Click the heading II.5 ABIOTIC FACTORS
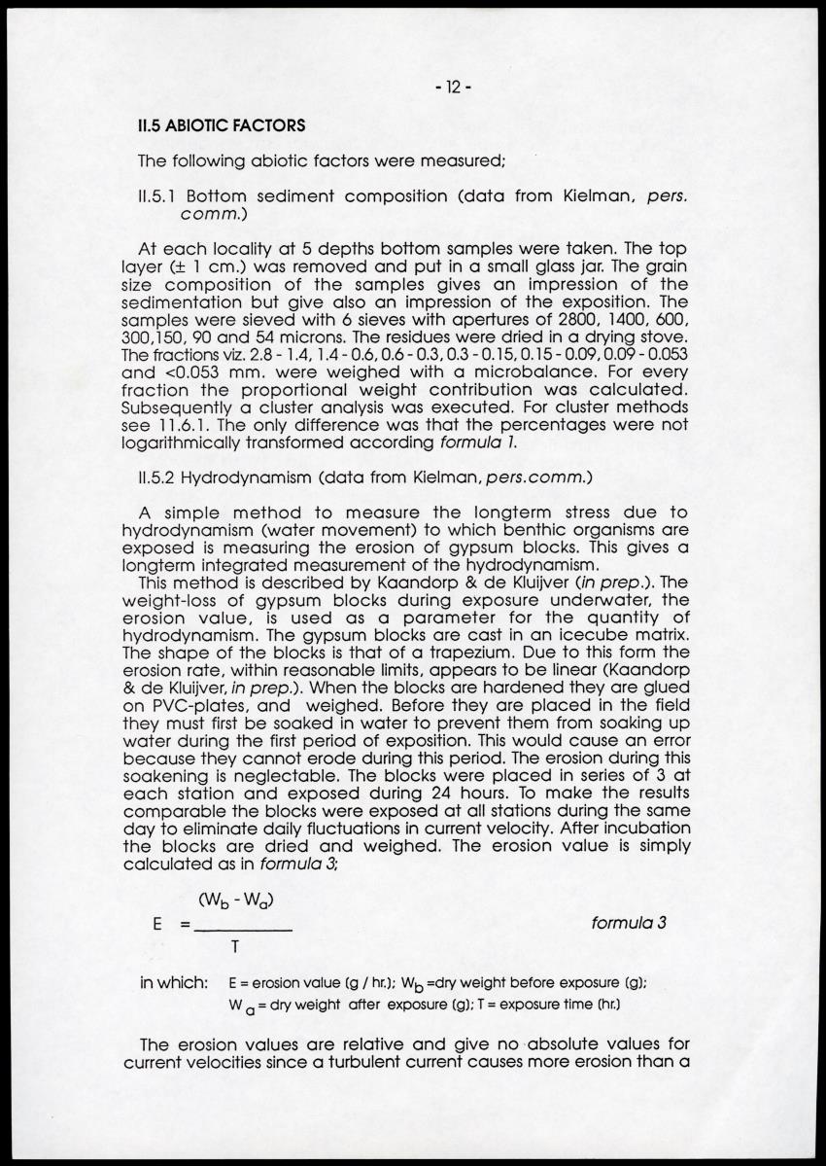pos(223,125)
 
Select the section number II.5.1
pos(159,196)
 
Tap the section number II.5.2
pos(159,477)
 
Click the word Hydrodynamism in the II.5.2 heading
pos(257,477)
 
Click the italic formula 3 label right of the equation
pos(628,923)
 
